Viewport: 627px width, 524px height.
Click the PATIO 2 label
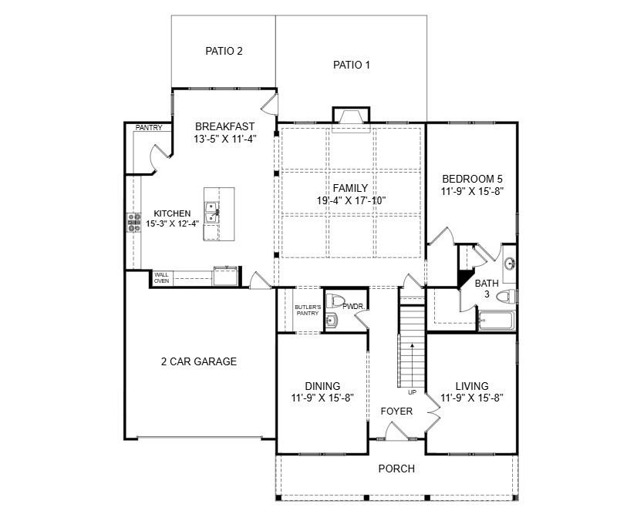(224, 52)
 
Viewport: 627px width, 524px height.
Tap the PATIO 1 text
(351, 65)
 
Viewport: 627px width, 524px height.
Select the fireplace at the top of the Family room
(351, 116)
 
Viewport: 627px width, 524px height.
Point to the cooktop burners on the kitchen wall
(130, 223)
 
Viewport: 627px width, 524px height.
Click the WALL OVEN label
(161, 277)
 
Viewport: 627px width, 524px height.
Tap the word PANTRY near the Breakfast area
(149, 128)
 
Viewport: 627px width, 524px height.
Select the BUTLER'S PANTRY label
(306, 311)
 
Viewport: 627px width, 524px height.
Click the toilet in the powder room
(335, 301)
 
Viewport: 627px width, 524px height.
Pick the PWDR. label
(352, 307)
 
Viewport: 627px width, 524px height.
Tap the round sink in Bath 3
(509, 264)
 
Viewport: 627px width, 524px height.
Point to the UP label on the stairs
(412, 392)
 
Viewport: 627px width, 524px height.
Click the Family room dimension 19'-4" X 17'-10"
(350, 200)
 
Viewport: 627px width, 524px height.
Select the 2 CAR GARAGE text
(198, 361)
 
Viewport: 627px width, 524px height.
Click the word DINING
(322, 386)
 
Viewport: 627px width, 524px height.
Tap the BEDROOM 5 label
(471, 178)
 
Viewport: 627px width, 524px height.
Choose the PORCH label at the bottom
(396, 469)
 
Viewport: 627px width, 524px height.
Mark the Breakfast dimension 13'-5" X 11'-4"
(224, 139)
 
